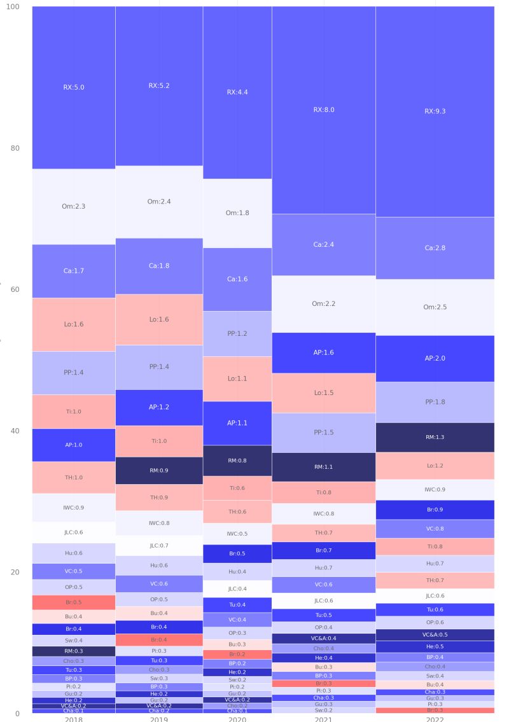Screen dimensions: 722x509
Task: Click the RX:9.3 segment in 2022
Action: [435, 111]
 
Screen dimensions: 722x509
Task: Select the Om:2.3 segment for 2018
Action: [73, 206]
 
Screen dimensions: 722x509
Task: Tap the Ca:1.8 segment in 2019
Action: [159, 266]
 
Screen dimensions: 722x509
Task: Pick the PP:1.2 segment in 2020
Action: [237, 333]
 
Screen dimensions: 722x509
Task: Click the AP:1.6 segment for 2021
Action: [323, 352]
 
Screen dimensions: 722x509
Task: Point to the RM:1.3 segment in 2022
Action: [435, 437]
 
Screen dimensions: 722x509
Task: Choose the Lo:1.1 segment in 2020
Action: [237, 378]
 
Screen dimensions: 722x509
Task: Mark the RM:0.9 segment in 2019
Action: [159, 471]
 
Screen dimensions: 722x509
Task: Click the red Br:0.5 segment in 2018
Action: [73, 602]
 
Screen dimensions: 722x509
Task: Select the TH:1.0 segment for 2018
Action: [73, 477]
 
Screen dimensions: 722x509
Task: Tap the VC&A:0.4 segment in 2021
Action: [323, 638]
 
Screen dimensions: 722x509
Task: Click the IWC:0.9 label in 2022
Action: [435, 490]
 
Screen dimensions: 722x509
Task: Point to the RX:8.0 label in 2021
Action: [323, 109]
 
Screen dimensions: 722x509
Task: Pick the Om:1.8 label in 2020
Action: [237, 212]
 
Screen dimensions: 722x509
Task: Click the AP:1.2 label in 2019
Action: [159, 407]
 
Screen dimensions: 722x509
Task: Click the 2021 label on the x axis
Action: [323, 719]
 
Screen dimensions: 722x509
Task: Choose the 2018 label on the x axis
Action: [73, 719]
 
